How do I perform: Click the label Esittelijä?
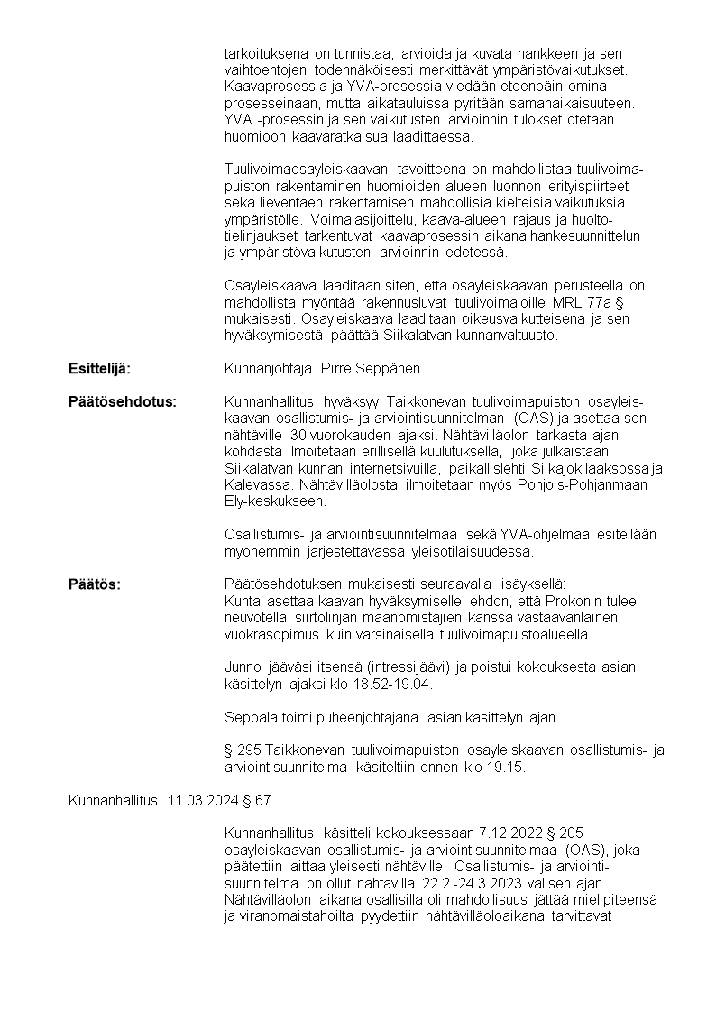pyautogui.click(x=100, y=369)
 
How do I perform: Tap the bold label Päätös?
pyautogui.click(x=95, y=584)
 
